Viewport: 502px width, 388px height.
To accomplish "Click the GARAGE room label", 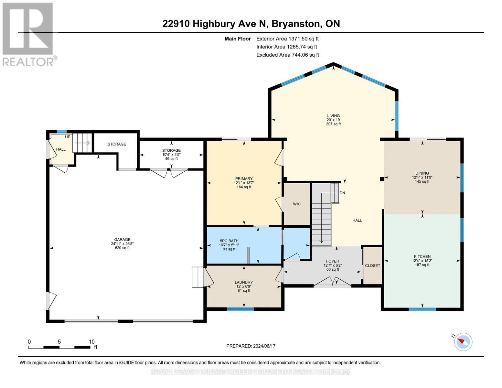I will (x=122, y=240).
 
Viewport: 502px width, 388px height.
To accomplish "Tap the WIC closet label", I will (x=296, y=204).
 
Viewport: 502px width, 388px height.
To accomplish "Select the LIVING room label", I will (x=333, y=116).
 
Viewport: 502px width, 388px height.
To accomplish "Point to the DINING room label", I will (x=422, y=173).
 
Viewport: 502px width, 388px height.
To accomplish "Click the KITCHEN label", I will (x=422, y=256).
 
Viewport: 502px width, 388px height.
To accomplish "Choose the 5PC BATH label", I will (x=229, y=241).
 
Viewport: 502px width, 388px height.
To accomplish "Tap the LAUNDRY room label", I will (x=243, y=282).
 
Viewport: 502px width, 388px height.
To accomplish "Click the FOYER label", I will (x=332, y=261).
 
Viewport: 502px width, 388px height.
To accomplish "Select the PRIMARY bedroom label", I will (x=244, y=179).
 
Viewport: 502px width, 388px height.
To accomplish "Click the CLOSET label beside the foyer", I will (x=372, y=265).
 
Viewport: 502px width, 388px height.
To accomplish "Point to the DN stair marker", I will (x=342, y=193).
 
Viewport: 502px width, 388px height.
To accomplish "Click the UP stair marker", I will (x=68, y=137).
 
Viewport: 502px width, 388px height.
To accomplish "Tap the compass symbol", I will (x=463, y=341).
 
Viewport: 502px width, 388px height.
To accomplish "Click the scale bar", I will (x=59, y=347).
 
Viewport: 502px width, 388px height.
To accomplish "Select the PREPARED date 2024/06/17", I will (x=251, y=346).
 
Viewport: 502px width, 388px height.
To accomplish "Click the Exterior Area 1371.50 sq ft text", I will (x=287, y=39).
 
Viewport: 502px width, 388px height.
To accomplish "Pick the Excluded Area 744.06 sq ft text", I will (x=287, y=55).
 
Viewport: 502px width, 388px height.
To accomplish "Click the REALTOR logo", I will (x=28, y=34).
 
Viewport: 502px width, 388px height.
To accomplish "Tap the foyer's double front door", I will (x=332, y=282).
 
